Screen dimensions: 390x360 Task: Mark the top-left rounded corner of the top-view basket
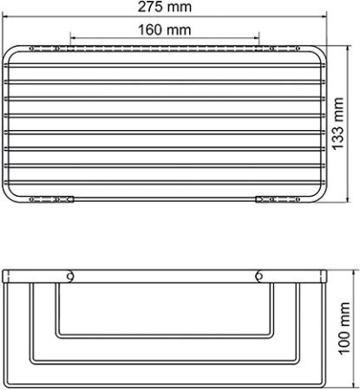(10, 52)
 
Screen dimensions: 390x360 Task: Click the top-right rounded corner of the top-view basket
(318, 52)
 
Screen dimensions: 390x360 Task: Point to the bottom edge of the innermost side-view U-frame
(164, 336)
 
